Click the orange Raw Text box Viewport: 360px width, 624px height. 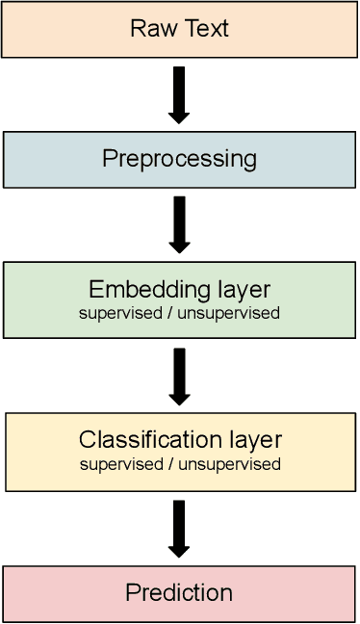(x=179, y=28)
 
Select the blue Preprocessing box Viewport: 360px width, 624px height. (x=179, y=159)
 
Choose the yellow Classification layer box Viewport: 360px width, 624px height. (x=180, y=451)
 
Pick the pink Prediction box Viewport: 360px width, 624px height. (x=179, y=593)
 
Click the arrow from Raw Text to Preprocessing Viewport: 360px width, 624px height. (x=179, y=94)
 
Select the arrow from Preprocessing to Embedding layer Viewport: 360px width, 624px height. (x=179, y=224)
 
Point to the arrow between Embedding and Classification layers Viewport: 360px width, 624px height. (x=179, y=376)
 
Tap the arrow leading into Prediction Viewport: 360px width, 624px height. (x=179, y=528)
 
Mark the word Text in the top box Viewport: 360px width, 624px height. (x=204, y=28)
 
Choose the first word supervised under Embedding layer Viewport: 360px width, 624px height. (x=115, y=313)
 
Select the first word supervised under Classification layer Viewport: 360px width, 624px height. (x=115, y=464)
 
